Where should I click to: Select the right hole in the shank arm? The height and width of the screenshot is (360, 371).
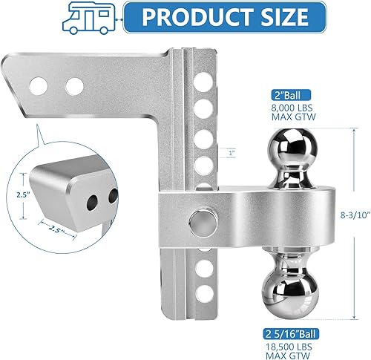[74, 86]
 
